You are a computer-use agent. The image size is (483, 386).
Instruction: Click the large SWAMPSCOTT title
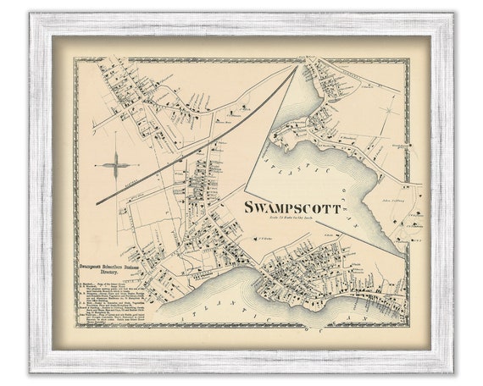click(x=292, y=207)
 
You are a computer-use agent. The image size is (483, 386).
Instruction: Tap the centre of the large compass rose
click(x=116, y=165)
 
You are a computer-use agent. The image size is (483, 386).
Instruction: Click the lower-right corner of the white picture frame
click(x=453, y=372)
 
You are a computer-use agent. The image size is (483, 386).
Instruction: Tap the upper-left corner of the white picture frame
click(x=30, y=14)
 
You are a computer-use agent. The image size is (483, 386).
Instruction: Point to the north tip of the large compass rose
click(x=116, y=146)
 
